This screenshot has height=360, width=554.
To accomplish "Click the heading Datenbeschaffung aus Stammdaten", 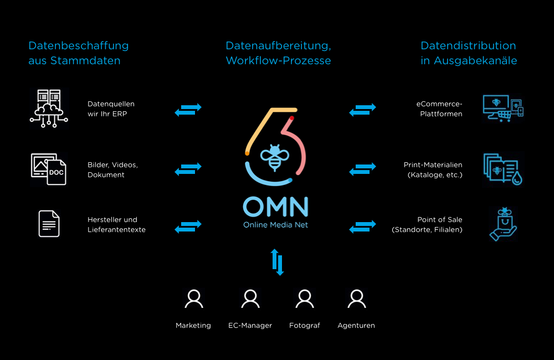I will coord(78,53).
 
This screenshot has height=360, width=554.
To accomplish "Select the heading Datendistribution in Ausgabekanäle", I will coord(469,53).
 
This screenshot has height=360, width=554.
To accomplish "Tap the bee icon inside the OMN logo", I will coord(274,157).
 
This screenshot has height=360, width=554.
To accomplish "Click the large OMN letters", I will coord(275,207).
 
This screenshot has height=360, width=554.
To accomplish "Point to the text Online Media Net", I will coord(275,225).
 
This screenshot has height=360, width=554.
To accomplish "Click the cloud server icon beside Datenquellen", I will coord(49,106).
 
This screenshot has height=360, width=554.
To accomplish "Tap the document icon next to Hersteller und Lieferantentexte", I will coord(49,224).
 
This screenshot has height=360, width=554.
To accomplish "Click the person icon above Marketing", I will coord(193,299).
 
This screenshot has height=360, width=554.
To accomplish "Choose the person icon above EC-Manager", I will coord(250,299).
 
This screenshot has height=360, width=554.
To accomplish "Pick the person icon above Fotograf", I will coord(305,299).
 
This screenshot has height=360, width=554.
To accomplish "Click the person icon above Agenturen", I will coord(356,299).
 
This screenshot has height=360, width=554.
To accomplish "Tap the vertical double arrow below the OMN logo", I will coord(277,262).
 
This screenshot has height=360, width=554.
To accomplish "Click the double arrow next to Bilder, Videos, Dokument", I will coord(188,169).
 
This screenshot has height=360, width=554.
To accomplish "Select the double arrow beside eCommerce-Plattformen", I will coord(362,109).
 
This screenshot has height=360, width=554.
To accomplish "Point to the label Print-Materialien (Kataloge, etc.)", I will coord(434,170).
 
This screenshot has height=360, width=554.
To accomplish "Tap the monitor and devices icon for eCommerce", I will coord(502,108).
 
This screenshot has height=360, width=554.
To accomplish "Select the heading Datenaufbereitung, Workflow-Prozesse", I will coord(278,53).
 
